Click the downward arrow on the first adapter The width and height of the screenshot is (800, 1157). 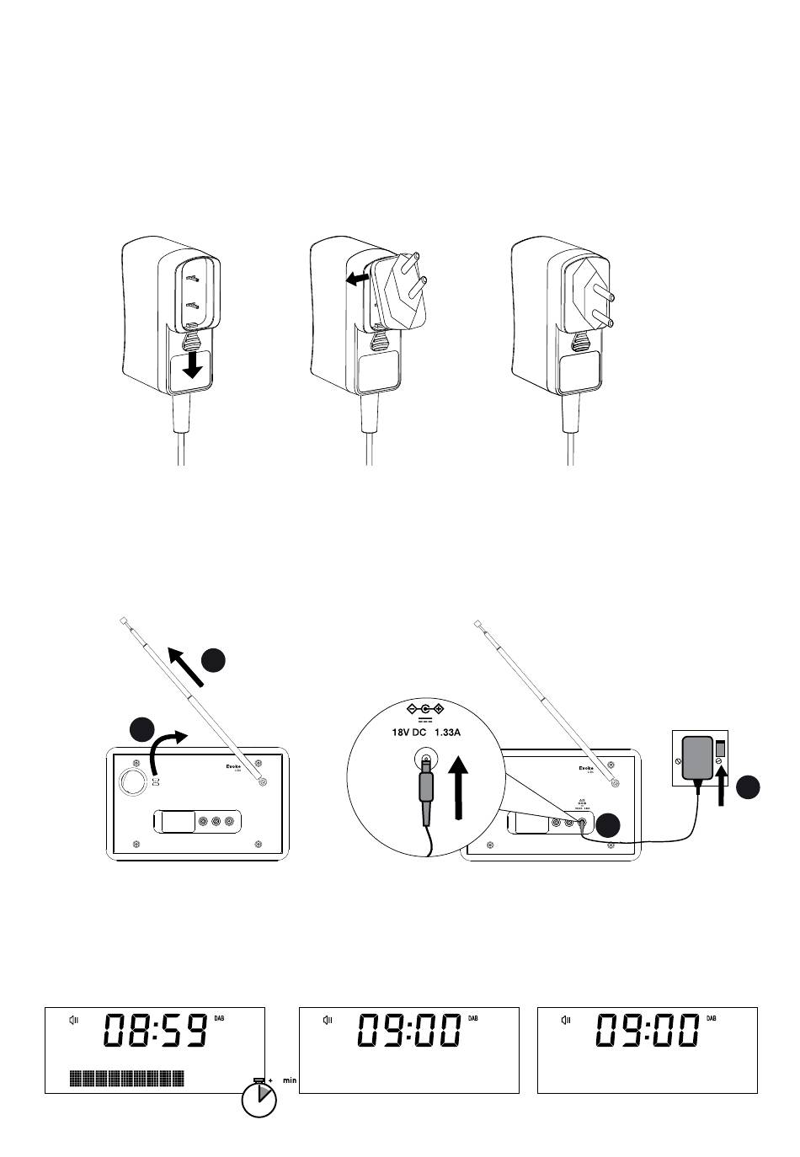point(195,365)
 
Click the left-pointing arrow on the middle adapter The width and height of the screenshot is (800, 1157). point(357,277)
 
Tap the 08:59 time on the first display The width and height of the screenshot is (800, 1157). point(157,1031)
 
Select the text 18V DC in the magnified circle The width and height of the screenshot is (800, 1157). point(409,733)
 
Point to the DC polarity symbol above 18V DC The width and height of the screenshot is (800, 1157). point(425,709)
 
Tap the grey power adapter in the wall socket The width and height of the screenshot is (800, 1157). point(697,758)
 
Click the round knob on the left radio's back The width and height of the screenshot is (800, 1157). point(131,781)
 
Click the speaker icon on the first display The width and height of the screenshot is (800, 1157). point(74,1021)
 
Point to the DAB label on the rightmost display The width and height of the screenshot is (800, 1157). point(712,1018)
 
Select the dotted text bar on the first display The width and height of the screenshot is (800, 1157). point(127,1078)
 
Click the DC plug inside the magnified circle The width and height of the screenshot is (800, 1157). point(426,787)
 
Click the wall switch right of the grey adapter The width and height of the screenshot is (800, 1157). point(722,747)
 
